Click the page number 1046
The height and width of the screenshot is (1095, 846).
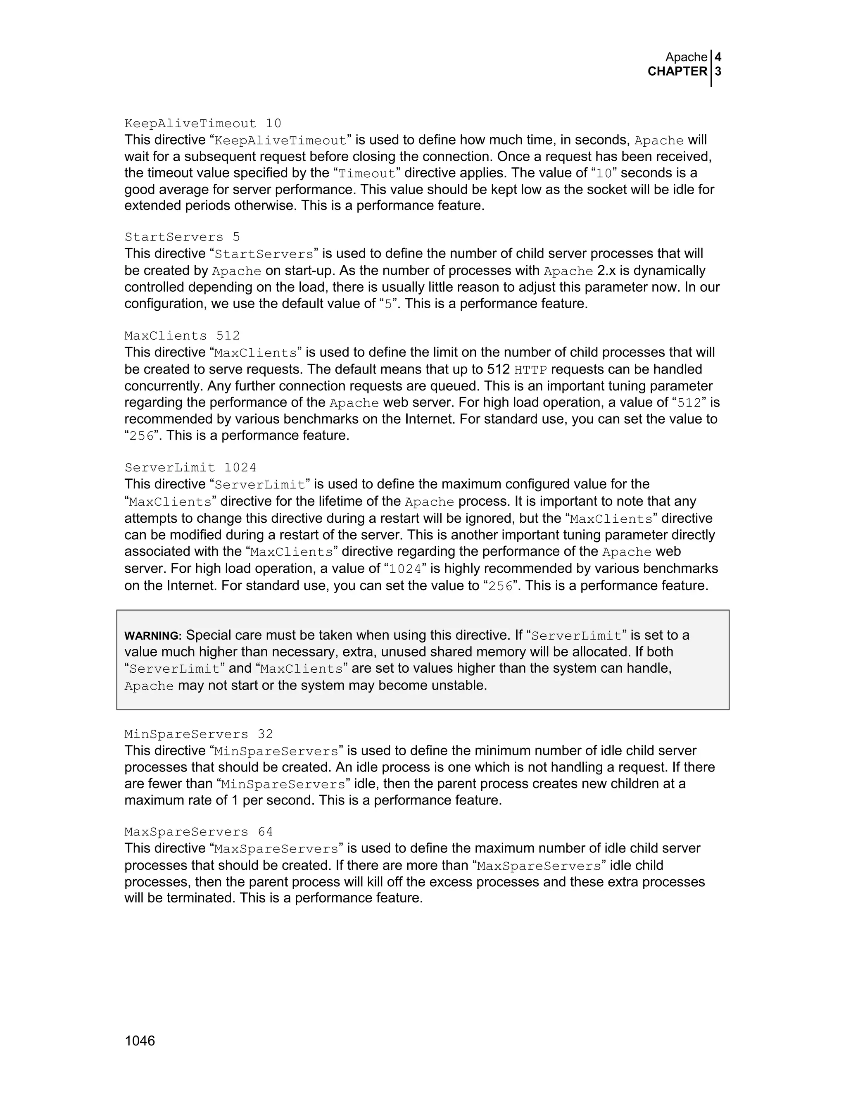(140, 1041)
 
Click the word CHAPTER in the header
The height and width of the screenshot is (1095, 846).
(677, 72)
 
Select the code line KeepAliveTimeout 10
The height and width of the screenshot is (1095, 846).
(203, 123)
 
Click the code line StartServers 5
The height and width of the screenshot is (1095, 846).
(183, 237)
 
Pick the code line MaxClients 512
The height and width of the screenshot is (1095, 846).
(183, 336)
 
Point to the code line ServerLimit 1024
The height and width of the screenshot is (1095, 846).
(190, 467)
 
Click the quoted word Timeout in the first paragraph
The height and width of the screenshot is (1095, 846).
(367, 174)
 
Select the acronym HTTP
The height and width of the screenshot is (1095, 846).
(531, 370)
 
